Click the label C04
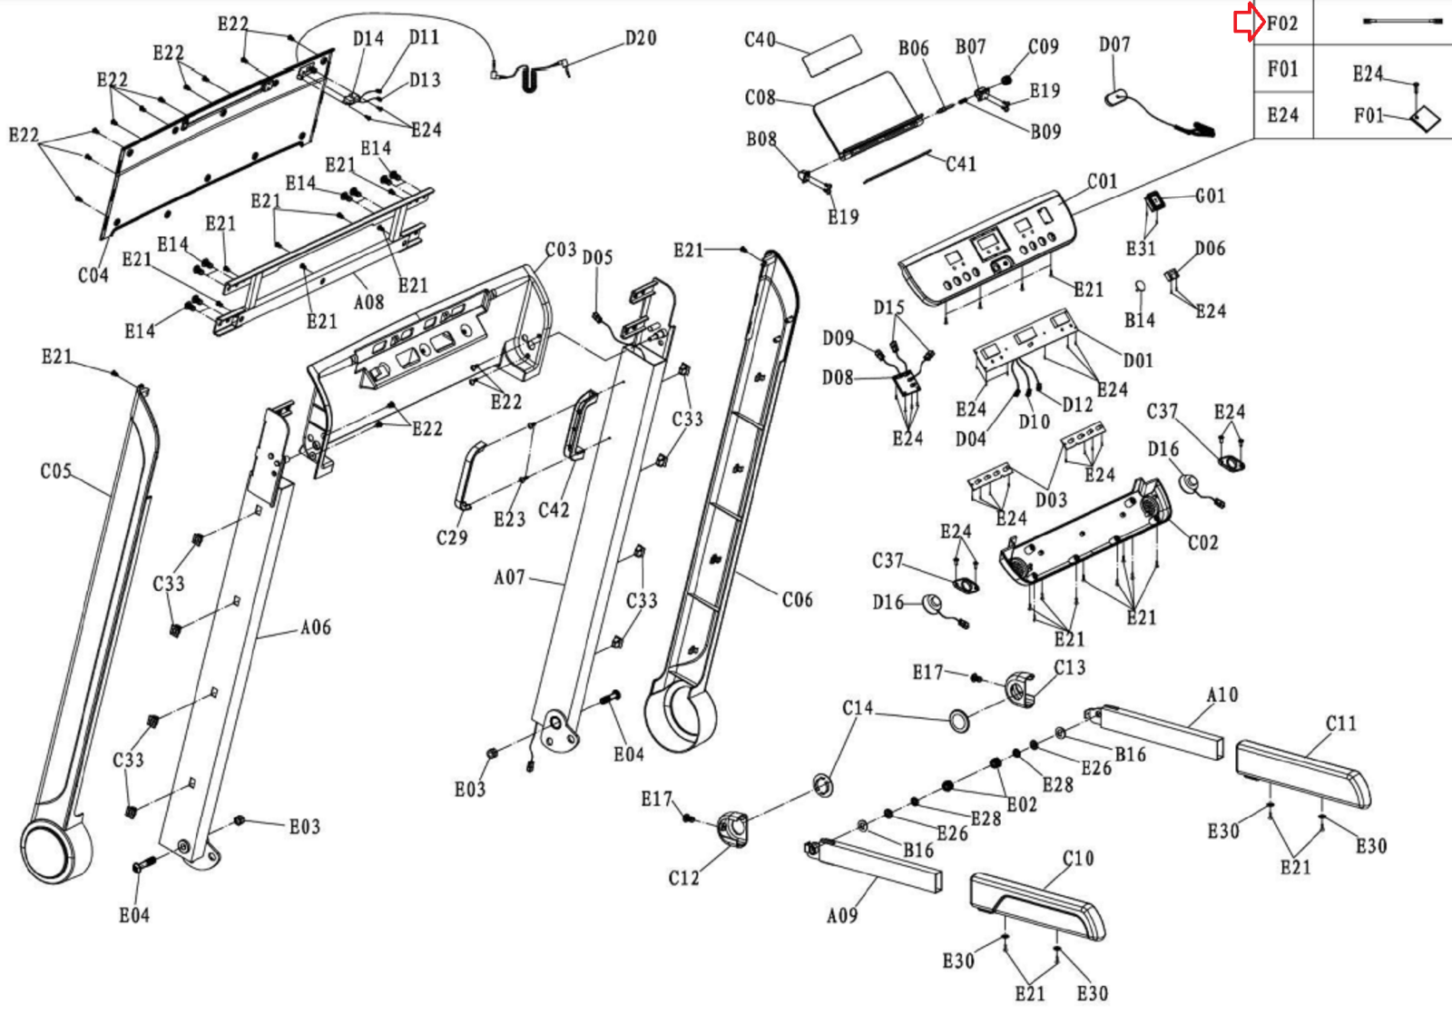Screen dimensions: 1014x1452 coord(93,274)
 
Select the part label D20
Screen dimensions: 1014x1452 coord(640,38)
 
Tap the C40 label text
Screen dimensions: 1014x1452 coord(760,40)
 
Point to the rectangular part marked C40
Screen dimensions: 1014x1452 coord(830,55)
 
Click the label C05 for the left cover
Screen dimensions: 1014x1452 coord(55,471)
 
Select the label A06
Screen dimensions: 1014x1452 coord(315,627)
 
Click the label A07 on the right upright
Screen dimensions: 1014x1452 coord(509,577)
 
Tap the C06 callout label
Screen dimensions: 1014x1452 coord(797,599)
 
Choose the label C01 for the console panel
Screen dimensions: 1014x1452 coord(1102,182)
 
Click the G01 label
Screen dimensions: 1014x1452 coord(1210,196)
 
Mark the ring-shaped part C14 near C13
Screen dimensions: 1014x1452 coord(959,721)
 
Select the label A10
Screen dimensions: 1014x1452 coord(1221,695)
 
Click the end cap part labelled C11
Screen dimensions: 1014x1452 coord(1303,773)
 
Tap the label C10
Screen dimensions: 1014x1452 coord(1077,859)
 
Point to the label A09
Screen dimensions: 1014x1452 coord(841,916)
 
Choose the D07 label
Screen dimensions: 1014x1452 coord(1114,44)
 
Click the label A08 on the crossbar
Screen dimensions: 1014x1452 coord(368,302)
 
